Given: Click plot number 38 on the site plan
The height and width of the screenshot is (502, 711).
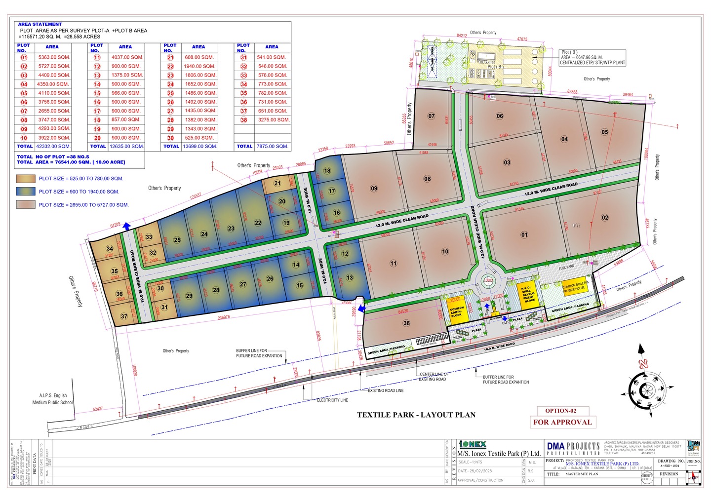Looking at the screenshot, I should (x=406, y=323).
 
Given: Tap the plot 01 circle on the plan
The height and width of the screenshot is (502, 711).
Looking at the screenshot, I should (x=524, y=235).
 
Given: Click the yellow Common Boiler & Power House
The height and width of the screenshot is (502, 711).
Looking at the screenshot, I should (x=575, y=287).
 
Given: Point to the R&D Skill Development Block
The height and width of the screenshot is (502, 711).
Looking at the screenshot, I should (x=528, y=294).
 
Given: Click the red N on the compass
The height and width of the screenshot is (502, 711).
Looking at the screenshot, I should (x=643, y=364).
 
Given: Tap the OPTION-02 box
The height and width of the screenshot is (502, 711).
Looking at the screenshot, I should (x=560, y=411).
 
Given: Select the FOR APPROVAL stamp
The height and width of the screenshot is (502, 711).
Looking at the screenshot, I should (x=562, y=422).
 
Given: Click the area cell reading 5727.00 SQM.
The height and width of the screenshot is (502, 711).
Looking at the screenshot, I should (x=54, y=66).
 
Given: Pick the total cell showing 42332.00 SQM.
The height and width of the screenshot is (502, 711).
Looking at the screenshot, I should (x=53, y=147).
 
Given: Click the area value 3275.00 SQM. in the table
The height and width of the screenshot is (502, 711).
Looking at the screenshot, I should (x=274, y=120).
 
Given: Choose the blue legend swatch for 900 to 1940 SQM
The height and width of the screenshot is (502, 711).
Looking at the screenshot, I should (x=26, y=192).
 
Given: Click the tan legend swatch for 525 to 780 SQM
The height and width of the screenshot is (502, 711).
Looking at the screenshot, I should (x=26, y=179).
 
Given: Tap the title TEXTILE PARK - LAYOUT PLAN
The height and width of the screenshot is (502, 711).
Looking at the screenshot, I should (x=416, y=415).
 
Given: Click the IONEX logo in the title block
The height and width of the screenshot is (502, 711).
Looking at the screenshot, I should (x=473, y=444).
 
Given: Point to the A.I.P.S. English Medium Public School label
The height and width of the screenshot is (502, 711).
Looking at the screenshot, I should (x=53, y=399).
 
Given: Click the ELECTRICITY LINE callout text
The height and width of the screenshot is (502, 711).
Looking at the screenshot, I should (x=332, y=400).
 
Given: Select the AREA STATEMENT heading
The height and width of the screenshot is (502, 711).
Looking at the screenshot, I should (x=40, y=24).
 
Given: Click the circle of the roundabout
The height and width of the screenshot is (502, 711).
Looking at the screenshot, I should (x=488, y=281).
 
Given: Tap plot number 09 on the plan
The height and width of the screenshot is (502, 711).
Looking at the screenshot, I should (x=374, y=188).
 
